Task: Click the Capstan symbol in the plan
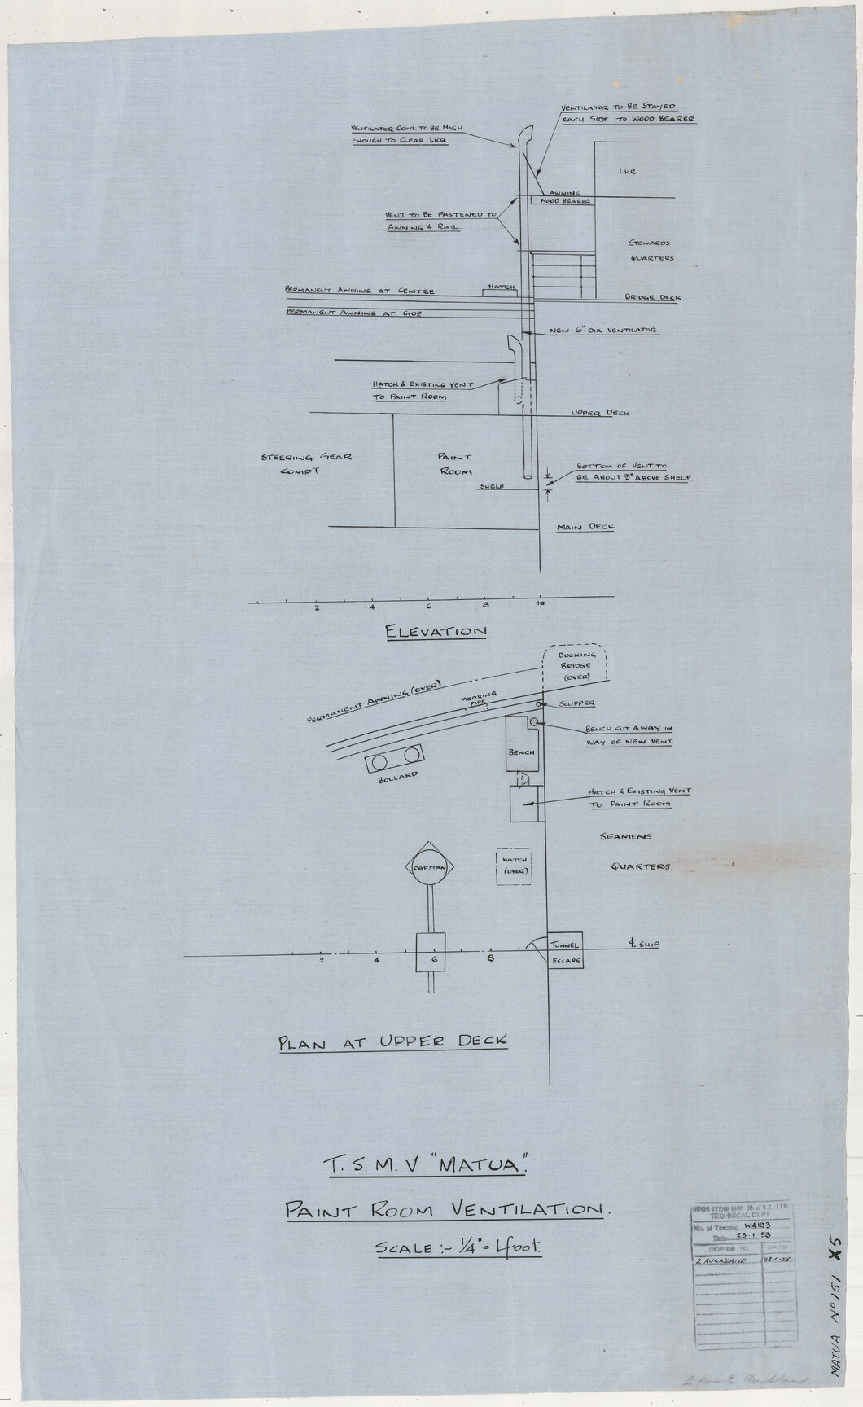[430, 870]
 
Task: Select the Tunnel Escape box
[564, 952]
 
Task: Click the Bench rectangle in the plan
[521, 744]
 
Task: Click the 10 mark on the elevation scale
[540, 607]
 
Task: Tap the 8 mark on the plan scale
[490, 959]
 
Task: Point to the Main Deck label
[585, 527]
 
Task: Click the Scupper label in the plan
[577, 703]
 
